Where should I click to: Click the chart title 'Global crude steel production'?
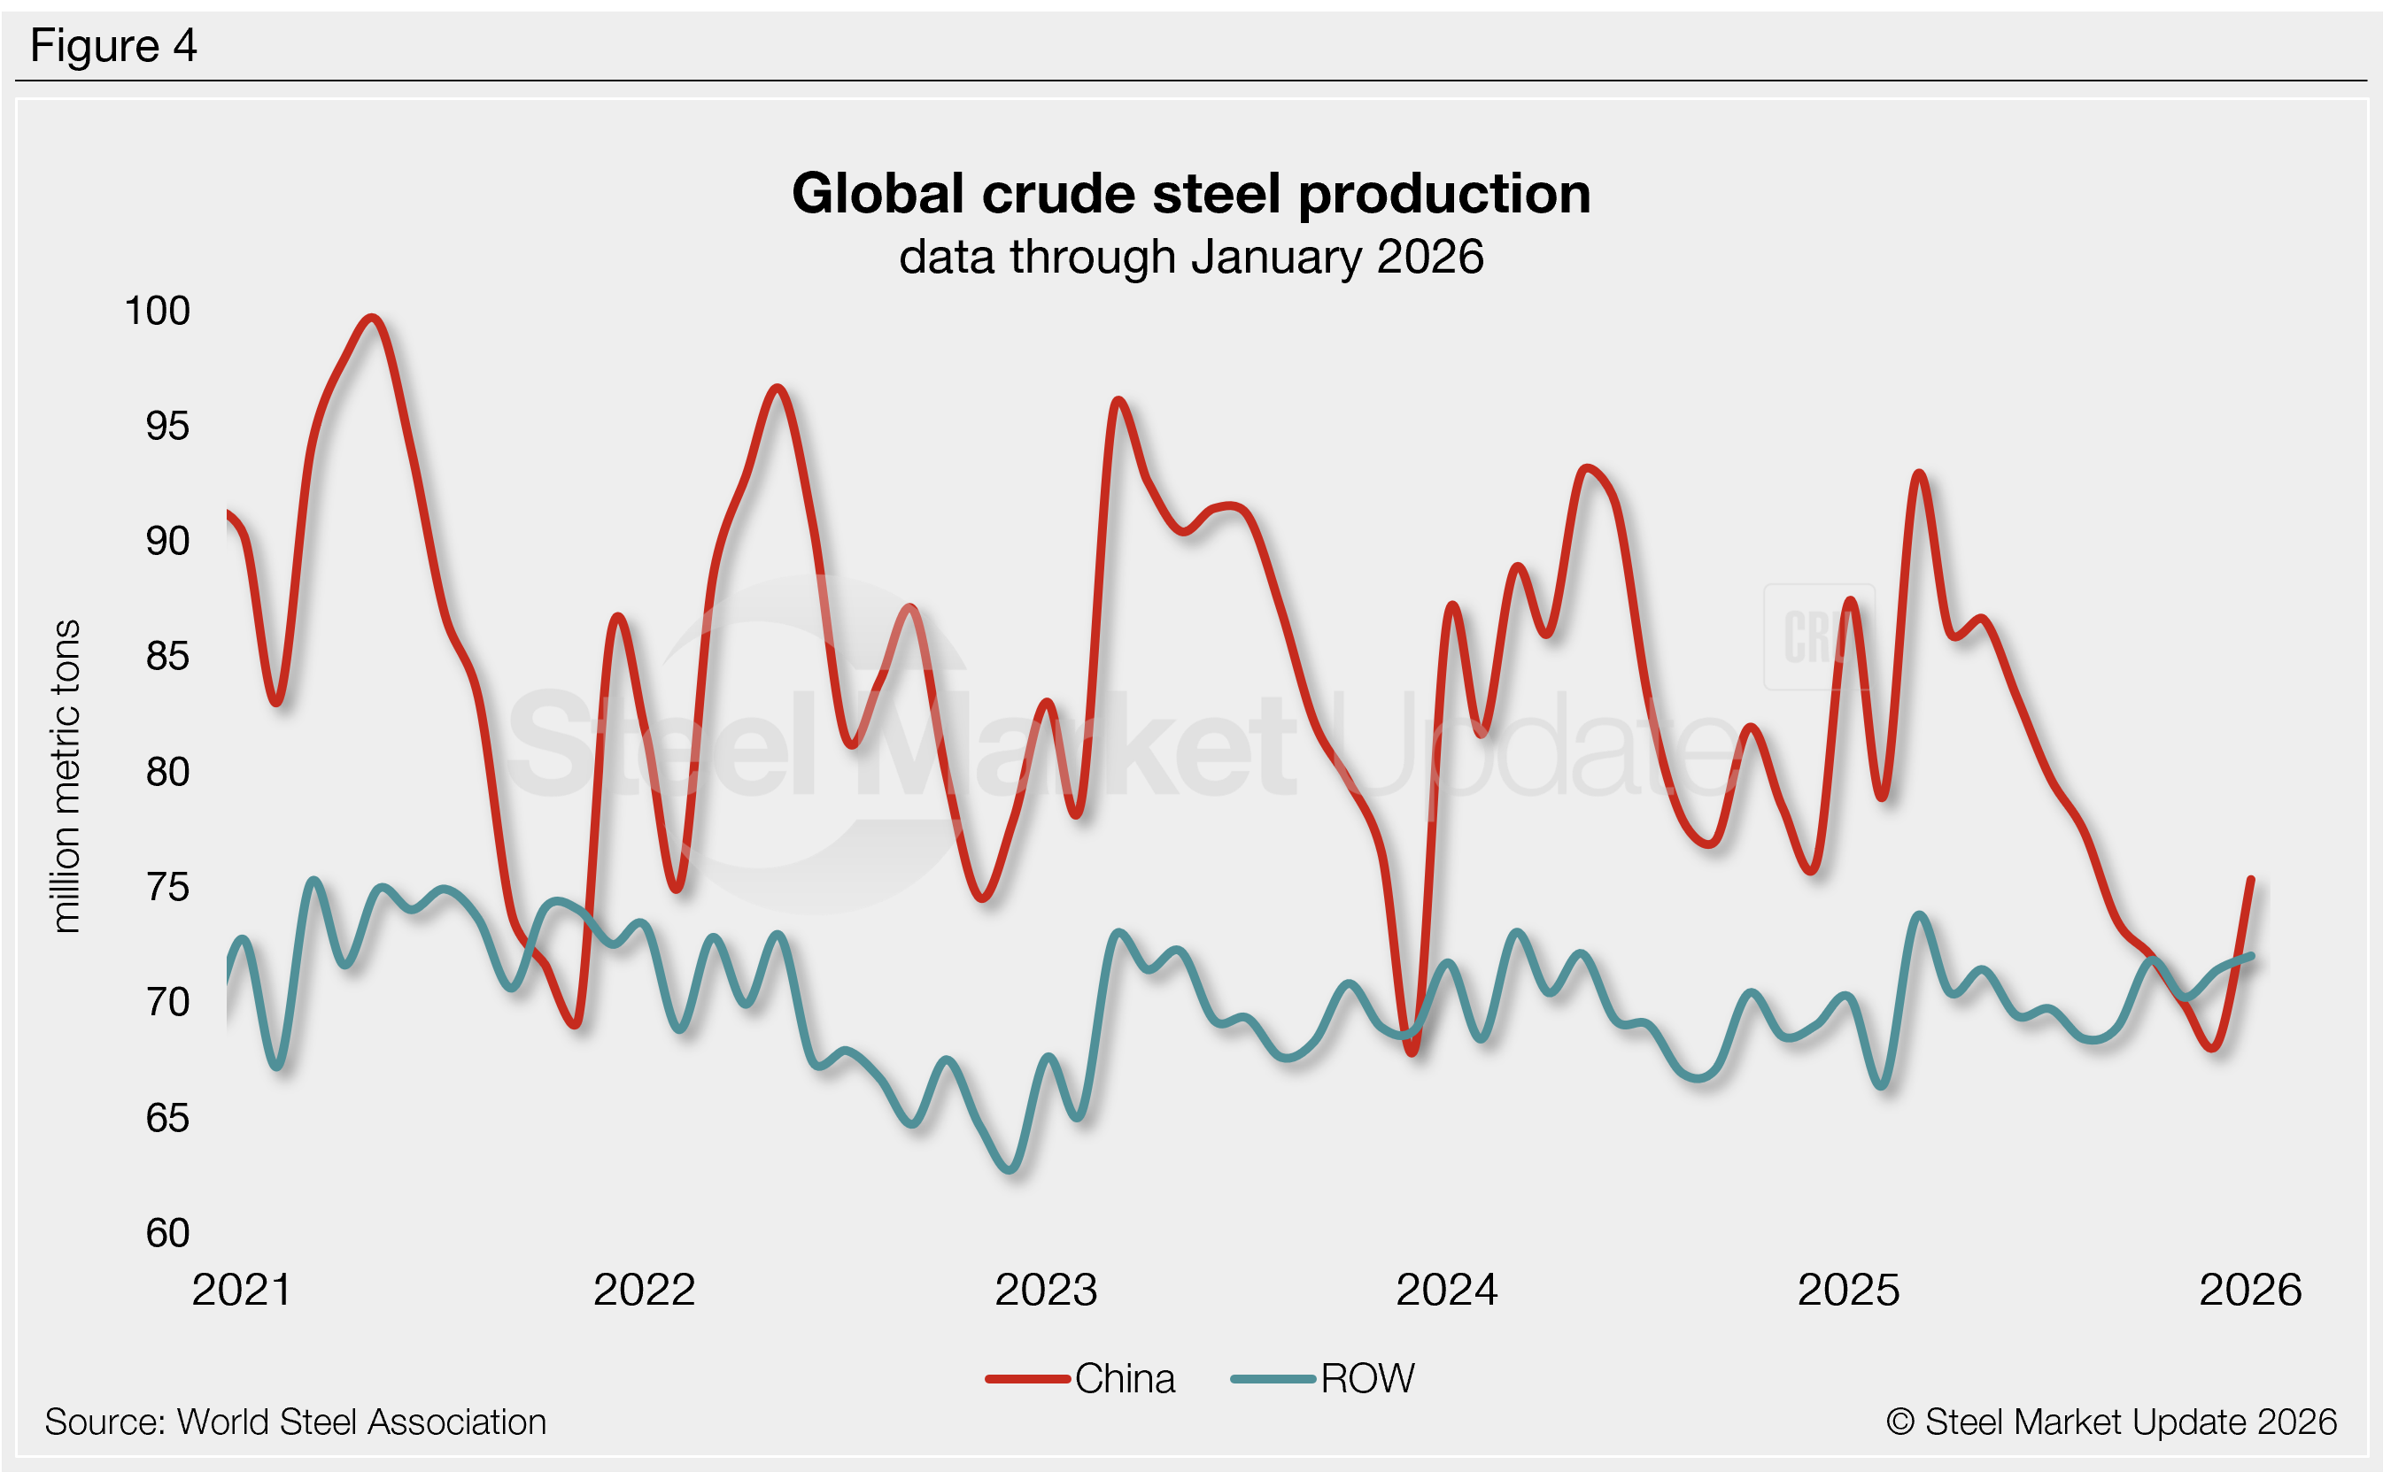1191,194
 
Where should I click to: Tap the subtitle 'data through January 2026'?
1191,257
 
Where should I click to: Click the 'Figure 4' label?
113,46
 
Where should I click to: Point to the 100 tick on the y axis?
157,312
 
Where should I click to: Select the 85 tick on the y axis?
167,657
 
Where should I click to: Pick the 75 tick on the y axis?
167,888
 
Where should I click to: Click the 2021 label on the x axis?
242,1291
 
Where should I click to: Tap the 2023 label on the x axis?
1046,1291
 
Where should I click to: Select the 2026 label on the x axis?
2249,1291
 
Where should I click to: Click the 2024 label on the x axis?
1446,1291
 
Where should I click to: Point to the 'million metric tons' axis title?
66,776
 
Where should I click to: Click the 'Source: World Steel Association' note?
295,1422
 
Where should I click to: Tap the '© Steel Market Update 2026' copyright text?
2111,1422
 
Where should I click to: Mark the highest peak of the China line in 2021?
372,318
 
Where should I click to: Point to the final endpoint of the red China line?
2250,880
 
